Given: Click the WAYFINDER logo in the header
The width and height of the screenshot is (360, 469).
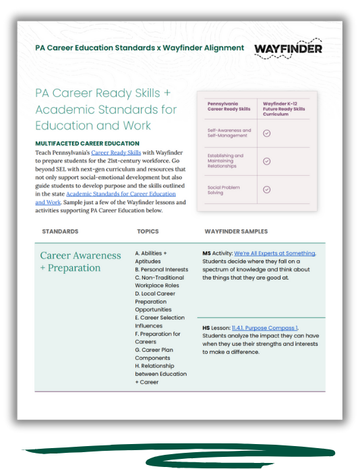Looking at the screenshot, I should click(x=288, y=49).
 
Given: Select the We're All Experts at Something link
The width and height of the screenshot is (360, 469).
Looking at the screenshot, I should click(x=274, y=253).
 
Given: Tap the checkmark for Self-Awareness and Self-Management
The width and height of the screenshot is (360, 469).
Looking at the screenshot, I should click(x=266, y=133).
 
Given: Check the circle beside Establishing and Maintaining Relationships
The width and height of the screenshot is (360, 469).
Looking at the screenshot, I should click(x=266, y=161).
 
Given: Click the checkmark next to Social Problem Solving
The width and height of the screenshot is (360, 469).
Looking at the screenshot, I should click(x=266, y=189).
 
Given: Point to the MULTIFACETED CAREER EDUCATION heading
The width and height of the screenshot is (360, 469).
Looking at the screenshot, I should click(x=88, y=144).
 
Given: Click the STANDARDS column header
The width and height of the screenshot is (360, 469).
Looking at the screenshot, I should click(x=60, y=231).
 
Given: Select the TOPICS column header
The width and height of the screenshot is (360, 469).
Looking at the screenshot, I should click(x=148, y=231).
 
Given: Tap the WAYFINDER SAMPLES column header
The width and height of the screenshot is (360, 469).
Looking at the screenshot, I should click(x=236, y=231).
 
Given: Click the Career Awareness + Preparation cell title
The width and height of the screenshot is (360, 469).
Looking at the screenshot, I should click(x=80, y=261).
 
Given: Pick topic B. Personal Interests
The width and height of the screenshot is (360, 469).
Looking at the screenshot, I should click(x=161, y=270).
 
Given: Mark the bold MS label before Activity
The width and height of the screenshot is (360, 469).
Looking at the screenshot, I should click(x=207, y=253).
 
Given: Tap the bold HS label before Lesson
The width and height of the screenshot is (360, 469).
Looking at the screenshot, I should click(x=206, y=327).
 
